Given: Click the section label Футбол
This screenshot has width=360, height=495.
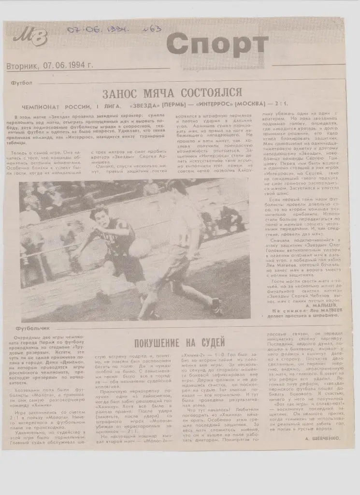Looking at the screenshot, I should (x=21, y=83).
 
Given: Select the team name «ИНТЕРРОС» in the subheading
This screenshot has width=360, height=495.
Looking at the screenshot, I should (x=205, y=106).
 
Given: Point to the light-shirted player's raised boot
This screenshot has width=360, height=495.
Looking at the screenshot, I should (x=216, y=306).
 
